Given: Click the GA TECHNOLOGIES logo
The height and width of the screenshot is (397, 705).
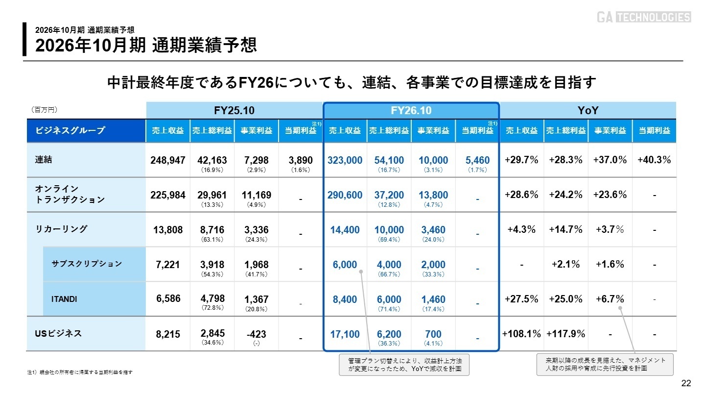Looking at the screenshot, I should coord(643,17).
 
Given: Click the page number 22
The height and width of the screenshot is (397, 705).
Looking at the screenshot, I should coord(686,383).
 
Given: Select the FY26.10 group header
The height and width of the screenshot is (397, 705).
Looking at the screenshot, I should coord(411,111).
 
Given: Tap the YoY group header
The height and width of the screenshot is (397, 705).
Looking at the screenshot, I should coord(587,111).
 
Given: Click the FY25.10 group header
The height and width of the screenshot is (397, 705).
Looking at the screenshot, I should coord(234,111).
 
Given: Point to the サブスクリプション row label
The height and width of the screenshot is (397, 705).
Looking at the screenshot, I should coord(87,264).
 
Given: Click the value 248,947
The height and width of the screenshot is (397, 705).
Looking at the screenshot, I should coord(167,160).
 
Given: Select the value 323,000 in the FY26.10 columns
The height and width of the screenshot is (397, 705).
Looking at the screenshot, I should coord(345,160).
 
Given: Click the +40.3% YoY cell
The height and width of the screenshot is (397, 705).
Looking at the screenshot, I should coord(654,160).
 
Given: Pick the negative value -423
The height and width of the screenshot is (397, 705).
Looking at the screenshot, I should coord(256,334).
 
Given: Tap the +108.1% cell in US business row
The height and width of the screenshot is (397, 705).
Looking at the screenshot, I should coord(521,334).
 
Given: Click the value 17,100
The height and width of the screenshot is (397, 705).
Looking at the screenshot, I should coord(345,334).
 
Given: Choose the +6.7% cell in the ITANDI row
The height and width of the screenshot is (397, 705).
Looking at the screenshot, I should coord(610,299).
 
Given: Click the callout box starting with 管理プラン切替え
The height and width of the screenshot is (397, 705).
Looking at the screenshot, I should coord(404,365).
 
